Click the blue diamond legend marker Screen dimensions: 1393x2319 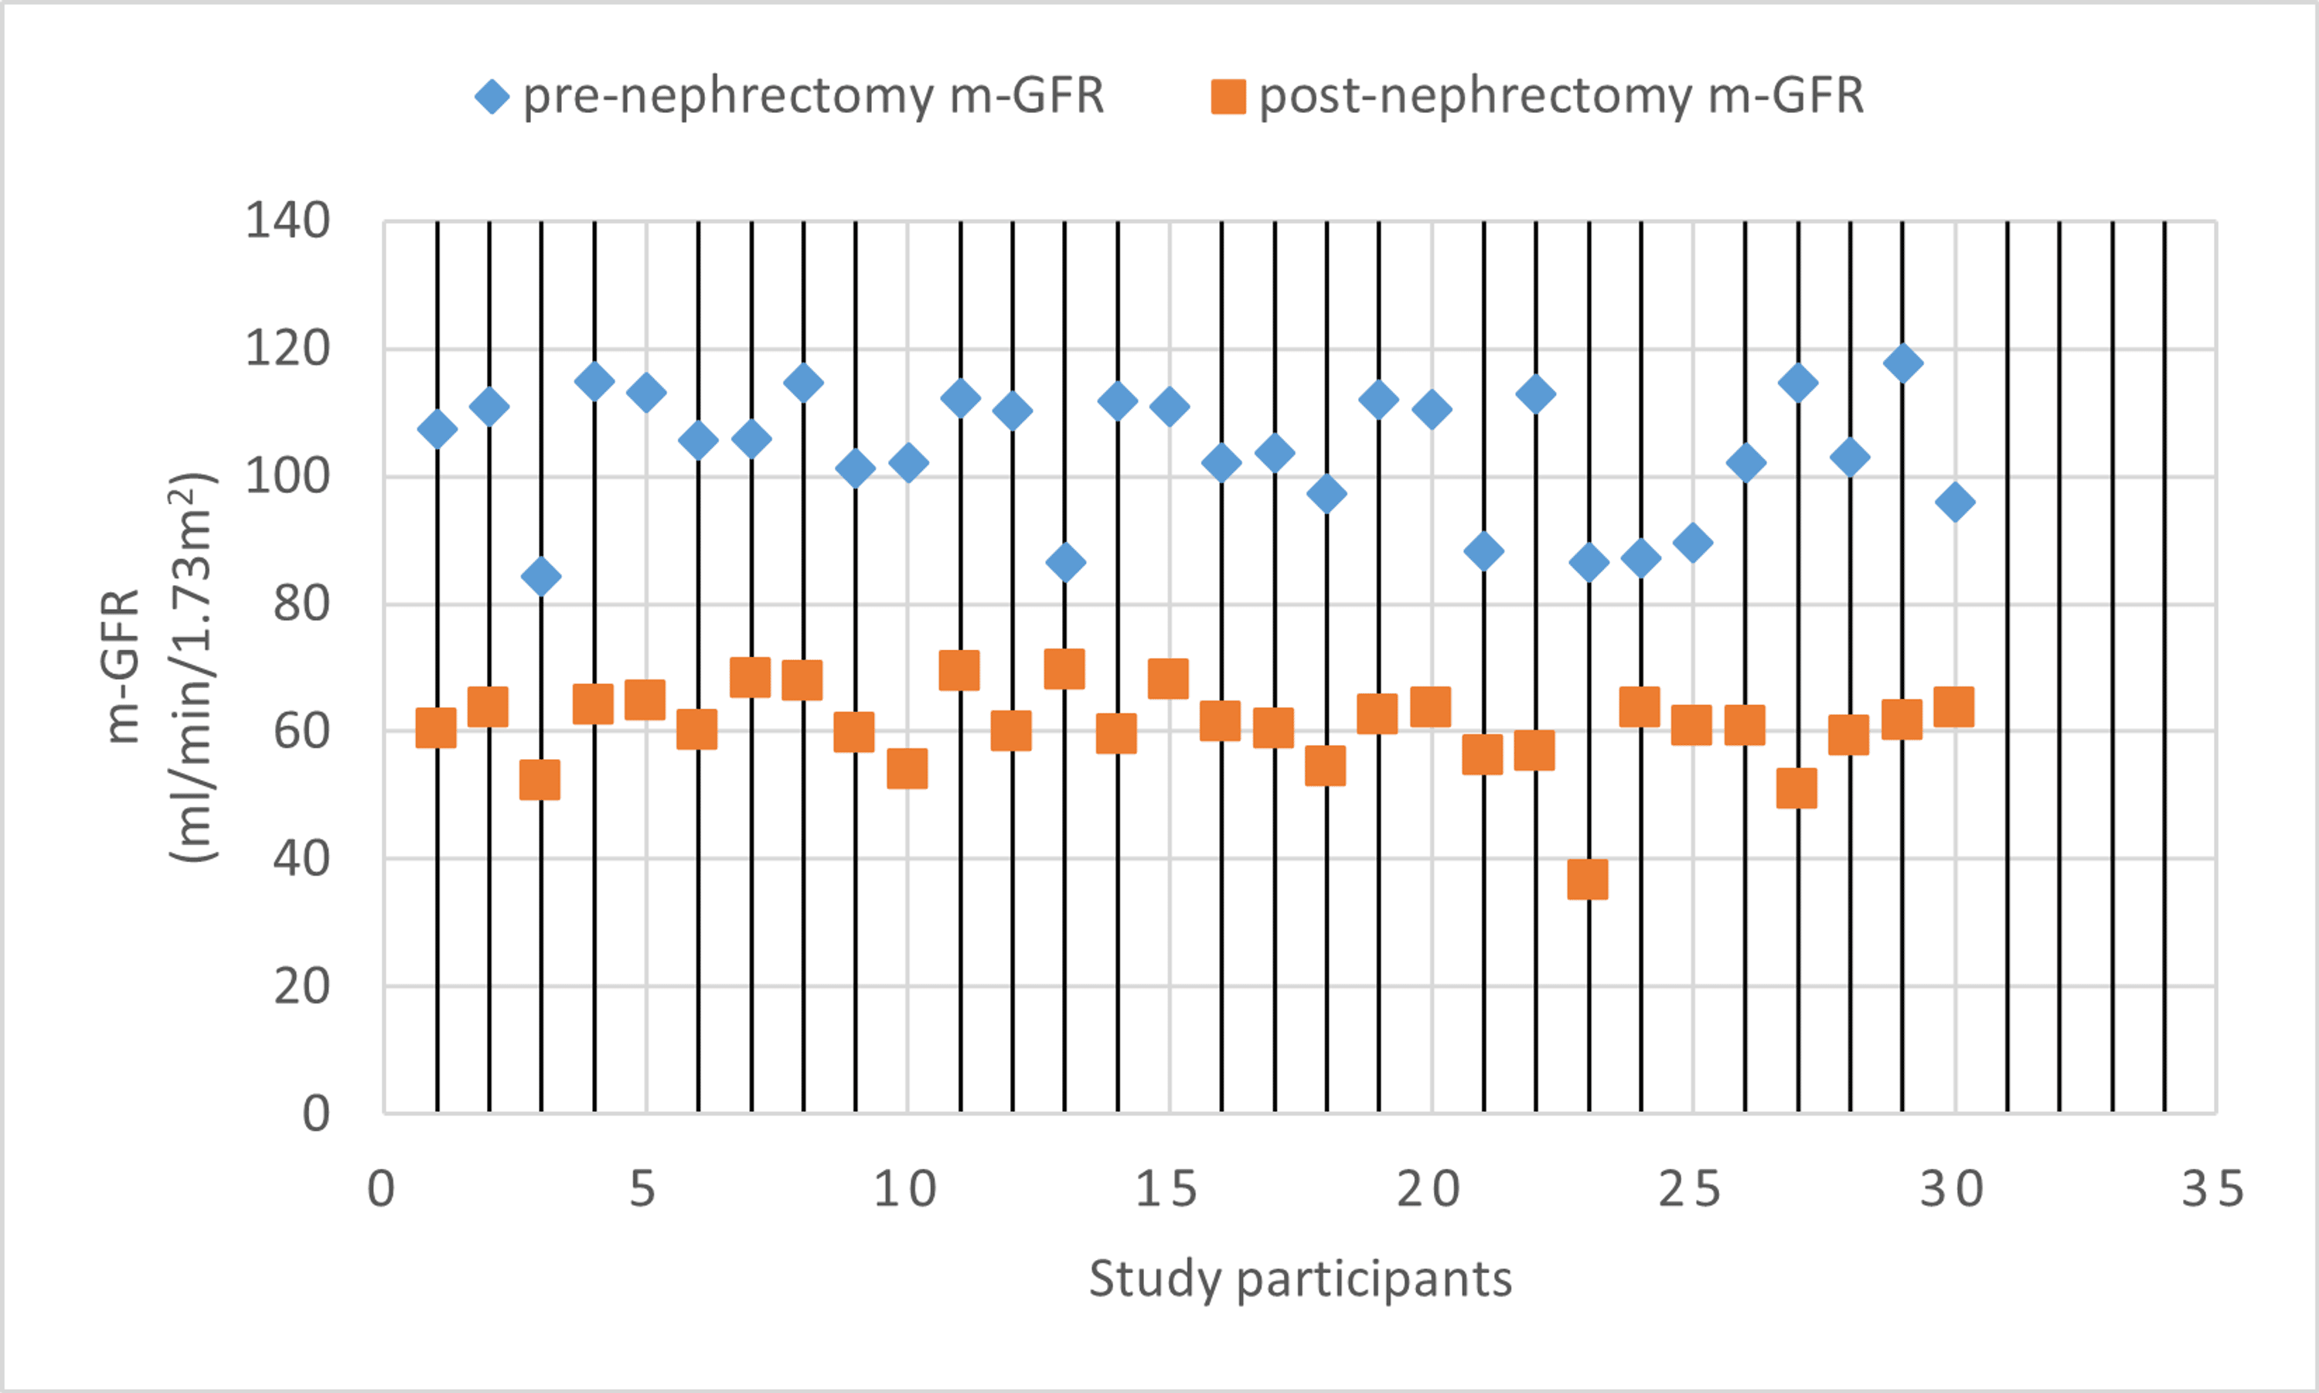coord(492,97)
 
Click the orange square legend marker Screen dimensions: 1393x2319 coord(1228,97)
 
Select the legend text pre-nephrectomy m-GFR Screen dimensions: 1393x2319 coord(812,97)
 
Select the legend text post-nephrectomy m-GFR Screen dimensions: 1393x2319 coord(1561,97)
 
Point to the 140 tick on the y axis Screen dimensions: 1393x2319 coord(288,223)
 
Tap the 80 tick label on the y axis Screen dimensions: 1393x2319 coord(301,605)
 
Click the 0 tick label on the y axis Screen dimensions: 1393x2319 coord(316,1114)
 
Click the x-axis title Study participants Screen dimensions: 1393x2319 coord(1300,1279)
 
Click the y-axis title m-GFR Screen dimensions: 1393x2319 coord(122,666)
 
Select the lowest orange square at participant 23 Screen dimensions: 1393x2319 coord(1588,880)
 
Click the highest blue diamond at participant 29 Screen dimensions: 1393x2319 coord(1903,363)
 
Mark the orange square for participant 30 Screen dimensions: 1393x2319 coord(1954,707)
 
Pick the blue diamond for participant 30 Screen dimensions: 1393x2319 coord(1955,503)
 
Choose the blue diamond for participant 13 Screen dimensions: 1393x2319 coord(1065,562)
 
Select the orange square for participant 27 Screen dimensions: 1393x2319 coord(1797,788)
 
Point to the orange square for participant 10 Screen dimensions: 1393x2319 coord(908,768)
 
